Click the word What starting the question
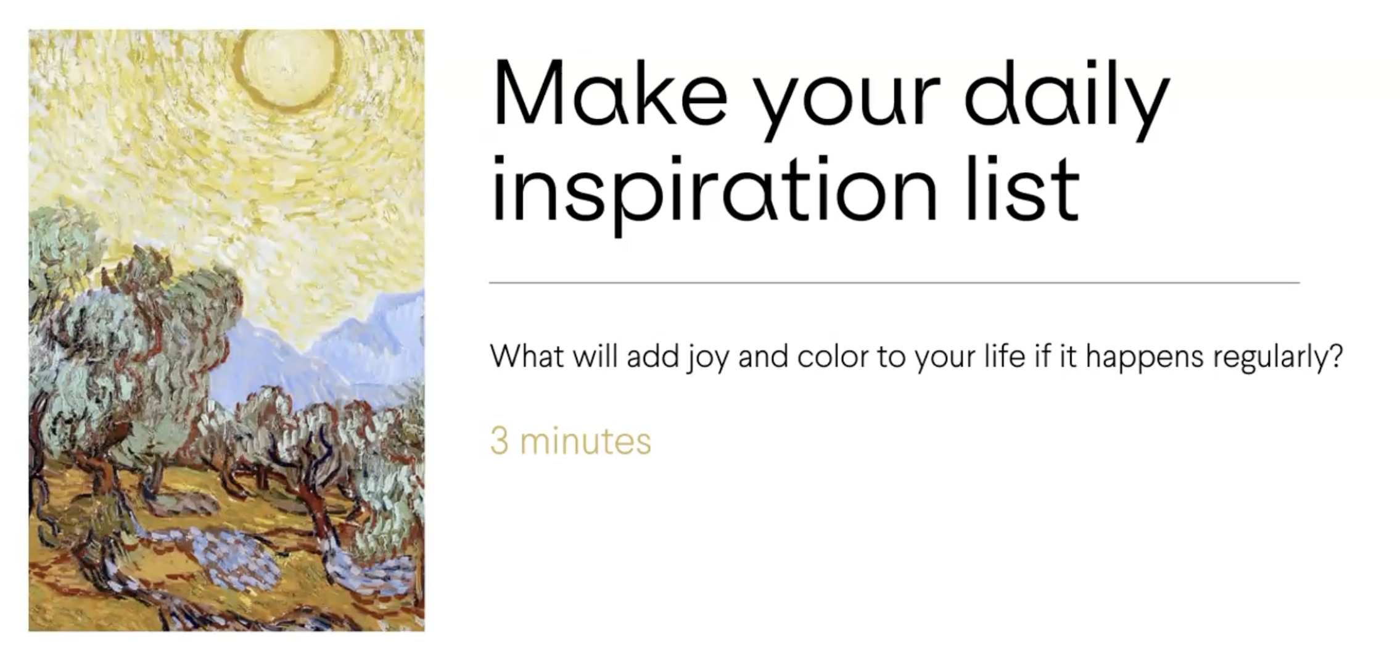tap(527, 356)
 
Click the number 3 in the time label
tap(500, 441)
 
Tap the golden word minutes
tap(585, 441)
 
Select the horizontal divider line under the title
tap(894, 283)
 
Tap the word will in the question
tap(595, 356)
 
